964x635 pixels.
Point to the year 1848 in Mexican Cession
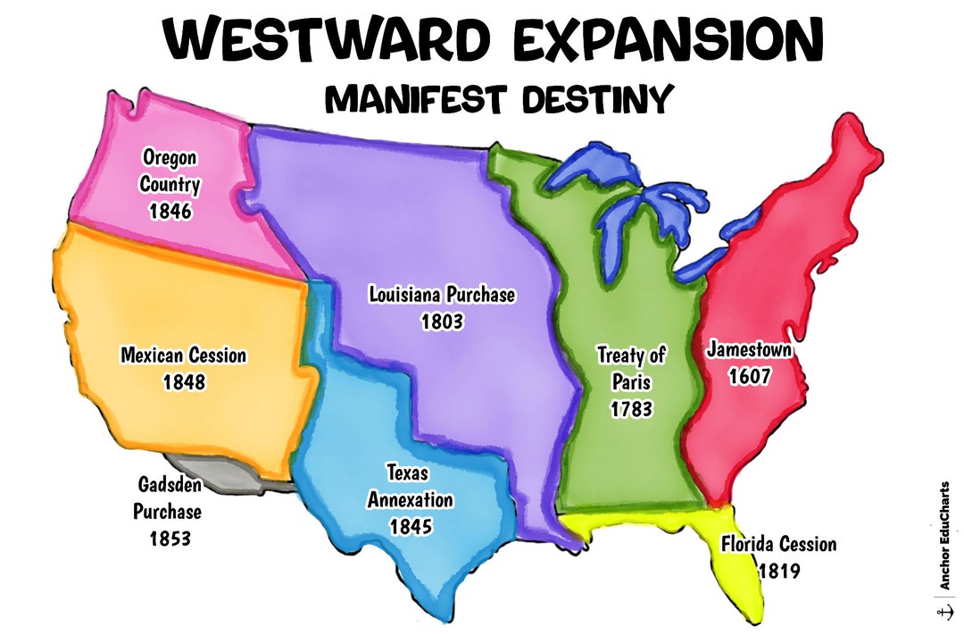point(184,381)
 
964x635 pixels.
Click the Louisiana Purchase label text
point(442,295)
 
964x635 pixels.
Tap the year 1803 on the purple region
point(442,322)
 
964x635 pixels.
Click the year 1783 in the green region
point(631,409)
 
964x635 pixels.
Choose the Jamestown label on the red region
point(749,349)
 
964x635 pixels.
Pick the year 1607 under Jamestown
point(749,376)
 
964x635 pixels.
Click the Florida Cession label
point(778,544)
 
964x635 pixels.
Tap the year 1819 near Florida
point(779,570)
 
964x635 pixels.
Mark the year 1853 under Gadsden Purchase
point(168,539)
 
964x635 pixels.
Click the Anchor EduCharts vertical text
point(943,536)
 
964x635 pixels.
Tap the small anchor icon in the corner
point(943,613)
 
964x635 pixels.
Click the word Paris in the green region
point(631,382)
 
